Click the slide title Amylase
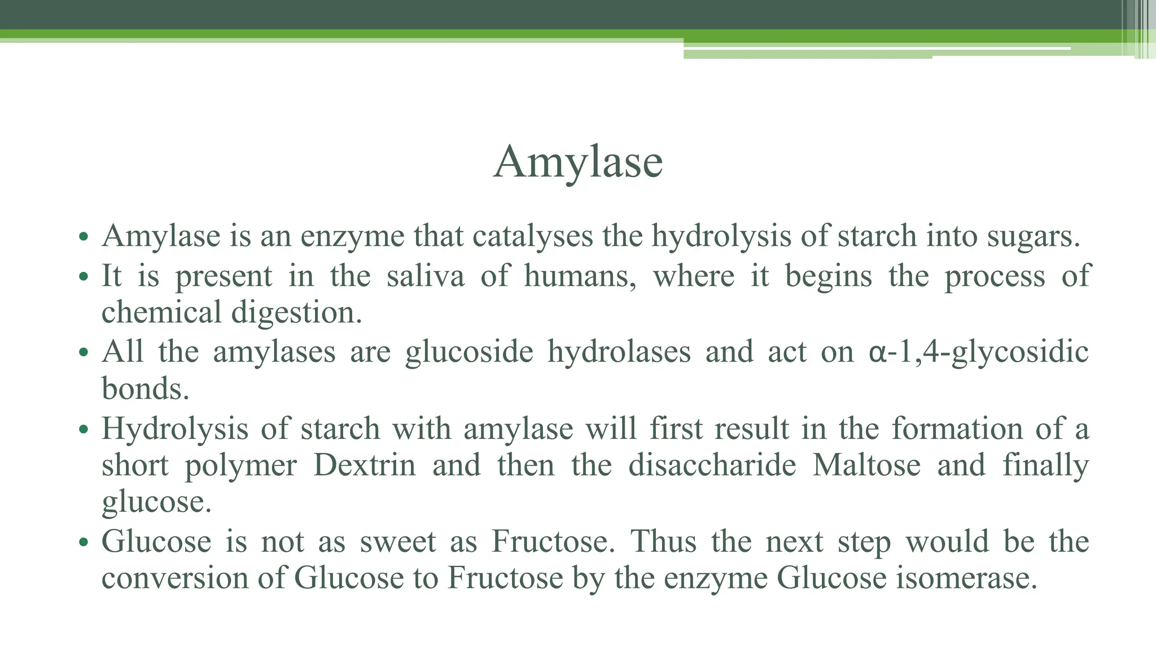pos(578,162)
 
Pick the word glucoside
pos(469,352)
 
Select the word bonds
pos(144,389)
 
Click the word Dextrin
pos(365,465)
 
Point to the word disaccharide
pos(712,465)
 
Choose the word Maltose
pos(866,465)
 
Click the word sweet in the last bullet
pos(398,542)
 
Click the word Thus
pos(663,542)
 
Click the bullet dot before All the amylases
pos(84,353)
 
